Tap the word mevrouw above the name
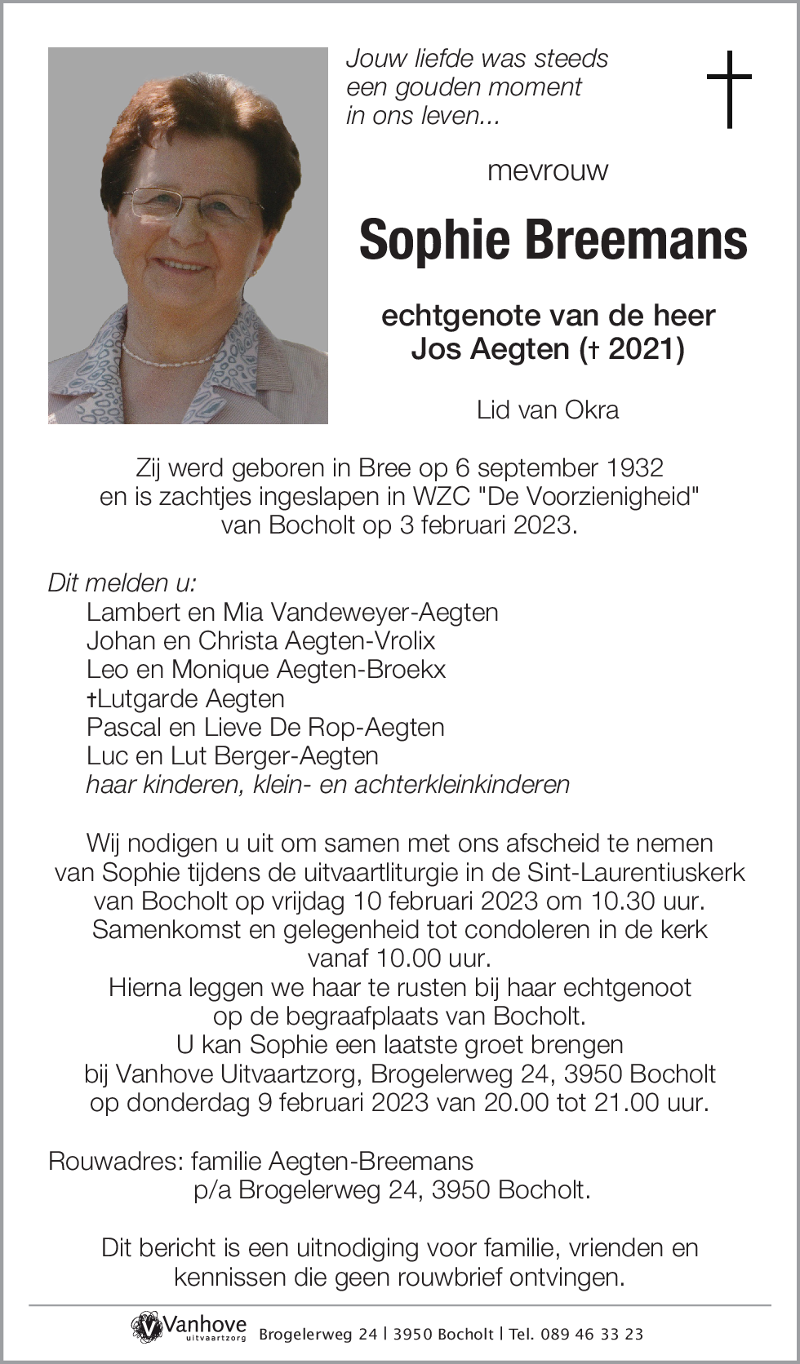pyautogui.click(x=548, y=170)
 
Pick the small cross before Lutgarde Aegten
pyautogui.click(x=92, y=699)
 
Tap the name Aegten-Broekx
pyautogui.click(x=362, y=670)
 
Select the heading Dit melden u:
pyautogui.click(x=122, y=582)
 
